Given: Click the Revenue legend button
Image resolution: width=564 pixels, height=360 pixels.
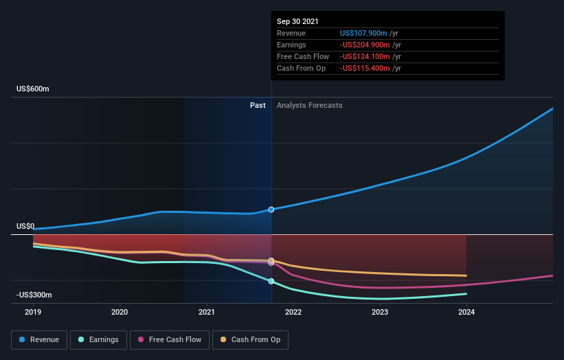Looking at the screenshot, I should tap(39, 339).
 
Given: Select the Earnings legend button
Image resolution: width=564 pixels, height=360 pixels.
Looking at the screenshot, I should tap(99, 339).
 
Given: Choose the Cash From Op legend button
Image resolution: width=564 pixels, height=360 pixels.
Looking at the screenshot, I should tap(251, 339).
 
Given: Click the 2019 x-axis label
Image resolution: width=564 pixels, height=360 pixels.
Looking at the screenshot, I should tap(33, 312).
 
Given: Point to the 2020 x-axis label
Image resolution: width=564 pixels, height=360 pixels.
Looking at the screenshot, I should tap(120, 312).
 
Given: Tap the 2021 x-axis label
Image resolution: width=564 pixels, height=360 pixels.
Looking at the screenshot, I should tap(207, 312).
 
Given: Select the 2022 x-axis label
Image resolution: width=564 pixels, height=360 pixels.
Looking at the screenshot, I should tap(293, 312).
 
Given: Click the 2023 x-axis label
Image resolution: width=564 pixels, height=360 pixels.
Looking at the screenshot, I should tap(380, 312).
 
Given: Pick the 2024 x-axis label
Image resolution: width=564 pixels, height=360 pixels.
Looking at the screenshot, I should tap(466, 312).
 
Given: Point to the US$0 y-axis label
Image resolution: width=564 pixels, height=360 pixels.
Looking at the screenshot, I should tap(25, 226).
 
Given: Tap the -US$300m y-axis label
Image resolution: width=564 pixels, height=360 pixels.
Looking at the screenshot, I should tap(34, 295).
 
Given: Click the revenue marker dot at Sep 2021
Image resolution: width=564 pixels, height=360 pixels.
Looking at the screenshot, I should tap(271, 210).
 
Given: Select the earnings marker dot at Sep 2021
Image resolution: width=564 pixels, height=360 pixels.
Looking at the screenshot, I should tap(271, 281).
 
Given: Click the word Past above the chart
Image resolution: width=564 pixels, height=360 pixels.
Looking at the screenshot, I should tap(258, 105).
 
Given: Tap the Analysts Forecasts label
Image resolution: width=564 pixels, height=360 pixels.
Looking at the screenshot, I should tap(309, 105).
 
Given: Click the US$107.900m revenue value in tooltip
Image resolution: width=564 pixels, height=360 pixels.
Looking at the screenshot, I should tap(366, 33).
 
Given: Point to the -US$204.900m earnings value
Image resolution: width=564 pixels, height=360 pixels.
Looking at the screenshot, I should tap(368, 45).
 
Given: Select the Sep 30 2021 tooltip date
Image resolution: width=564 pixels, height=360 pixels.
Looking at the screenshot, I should tap(297, 21).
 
